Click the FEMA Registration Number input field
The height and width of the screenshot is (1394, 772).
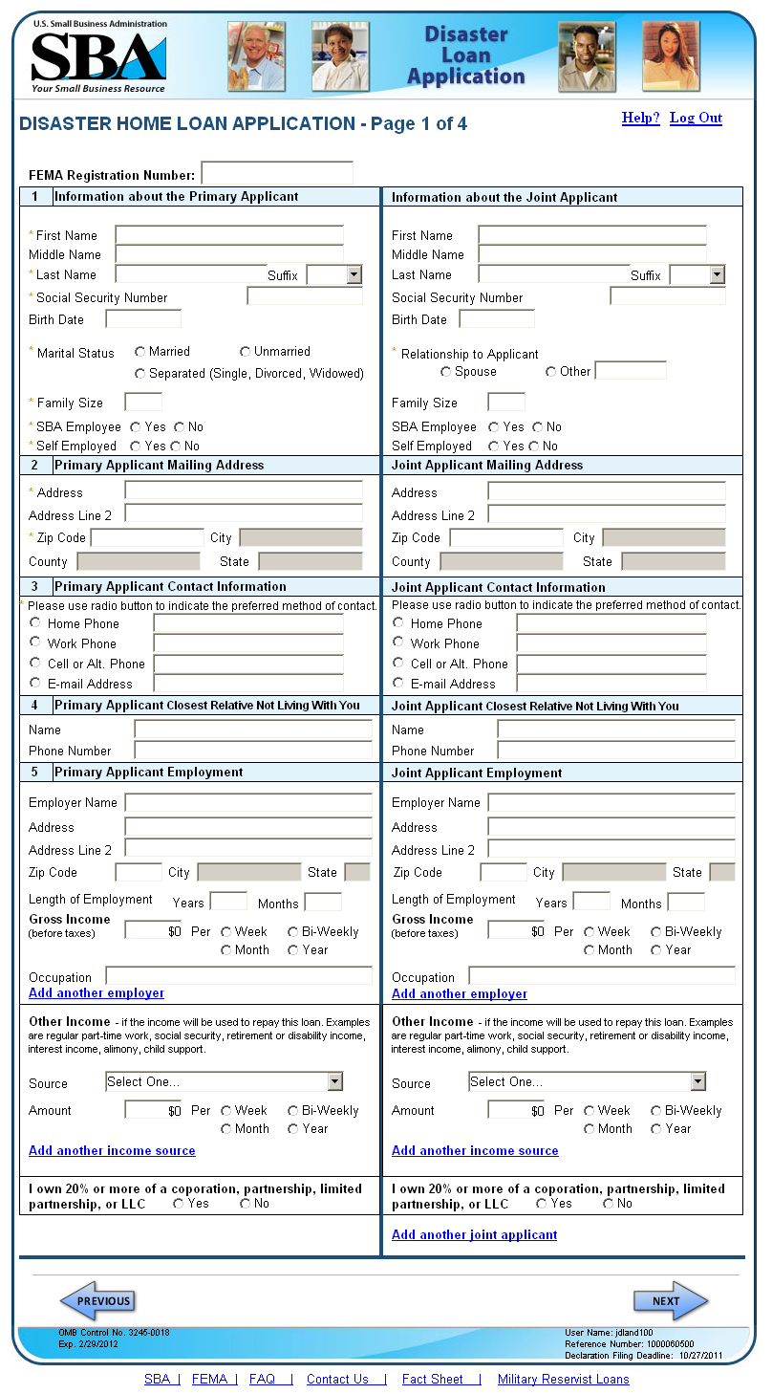coord(277,173)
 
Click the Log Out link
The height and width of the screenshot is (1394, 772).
coord(696,118)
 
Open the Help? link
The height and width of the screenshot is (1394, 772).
coord(640,118)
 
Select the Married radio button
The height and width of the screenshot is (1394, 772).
coord(140,352)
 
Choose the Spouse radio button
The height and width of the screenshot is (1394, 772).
coord(446,372)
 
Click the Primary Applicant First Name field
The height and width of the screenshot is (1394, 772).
coord(229,235)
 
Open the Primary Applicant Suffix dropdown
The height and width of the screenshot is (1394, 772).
coord(334,275)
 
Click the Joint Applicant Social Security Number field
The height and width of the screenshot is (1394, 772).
coord(668,296)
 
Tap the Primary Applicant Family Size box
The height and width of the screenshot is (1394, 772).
coord(143,403)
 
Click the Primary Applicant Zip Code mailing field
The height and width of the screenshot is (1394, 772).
coord(147,537)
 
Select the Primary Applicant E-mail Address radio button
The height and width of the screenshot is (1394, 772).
coord(35,683)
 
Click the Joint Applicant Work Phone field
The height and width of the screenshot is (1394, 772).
coord(611,643)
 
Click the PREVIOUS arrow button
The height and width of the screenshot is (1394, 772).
coord(97,1301)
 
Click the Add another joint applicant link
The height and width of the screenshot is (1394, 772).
coord(474,1234)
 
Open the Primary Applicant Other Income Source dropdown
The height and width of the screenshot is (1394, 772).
coord(225,1081)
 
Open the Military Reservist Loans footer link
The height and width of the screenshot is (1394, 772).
coord(563,1379)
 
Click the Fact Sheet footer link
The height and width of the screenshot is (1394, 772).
coord(432,1379)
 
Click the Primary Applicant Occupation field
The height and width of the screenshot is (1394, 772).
coord(239,976)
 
